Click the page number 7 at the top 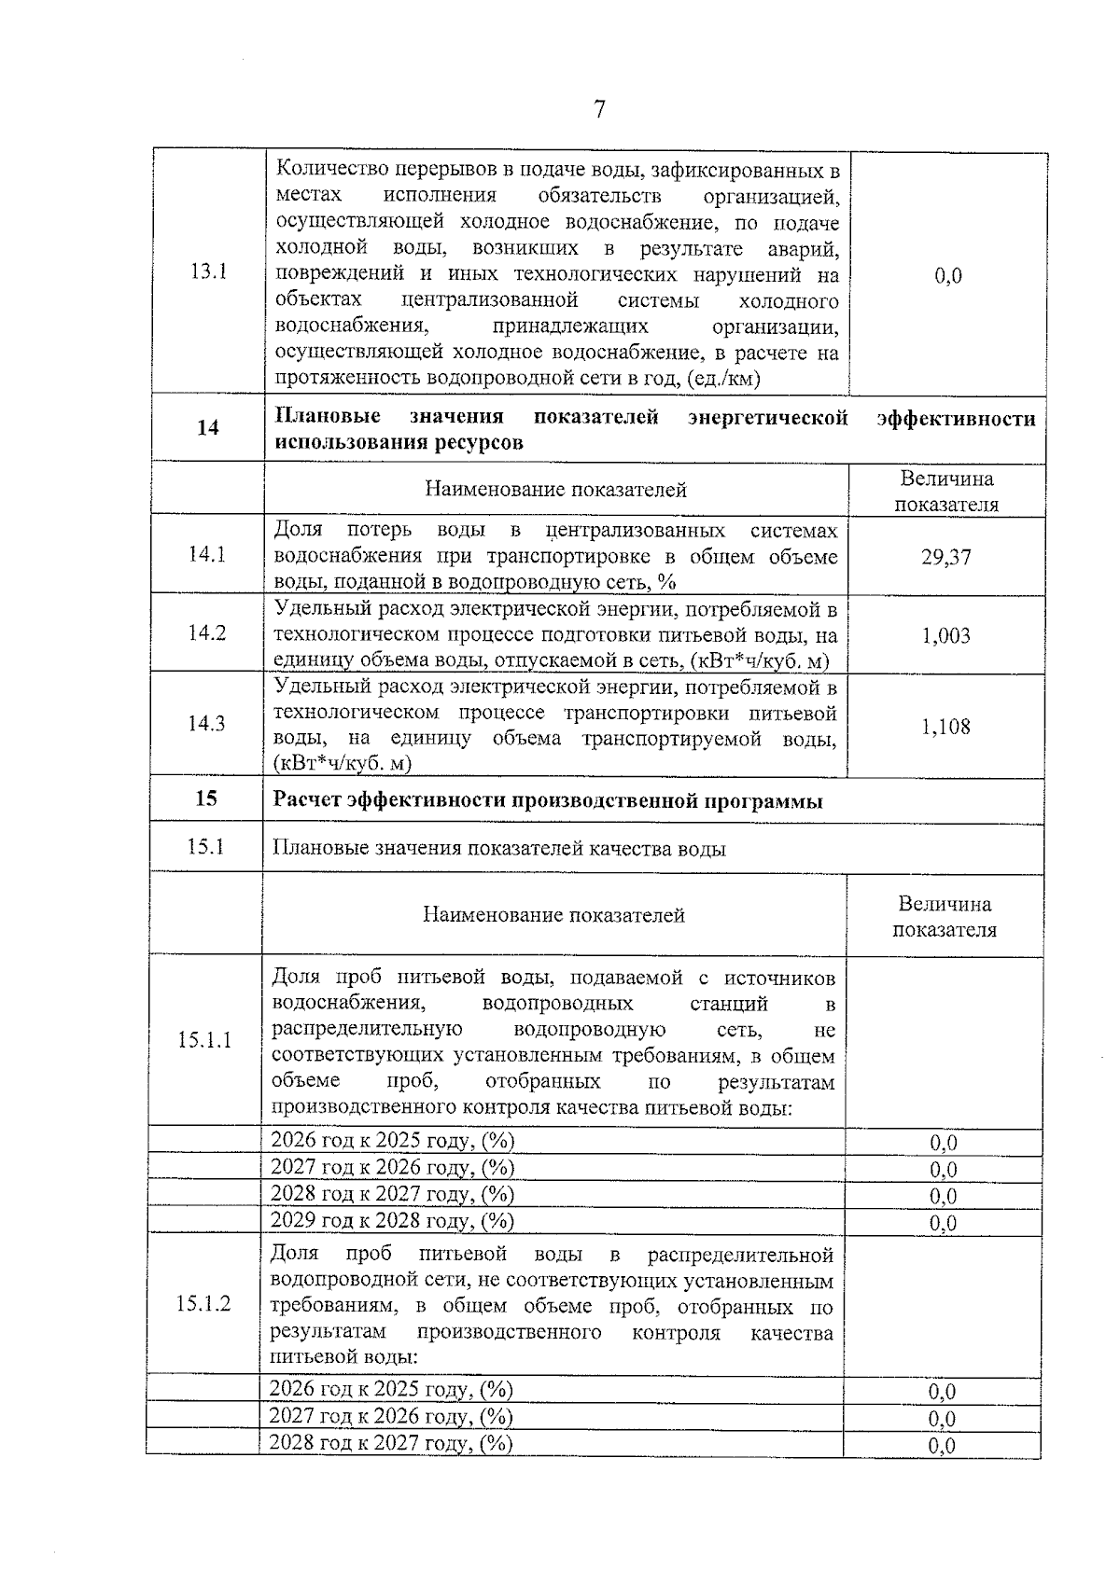coord(599,111)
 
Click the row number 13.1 coord(208,272)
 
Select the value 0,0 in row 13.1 coord(947,275)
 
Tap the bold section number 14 coord(208,428)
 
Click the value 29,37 coord(946,557)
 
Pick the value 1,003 coord(945,636)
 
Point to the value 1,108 coord(945,726)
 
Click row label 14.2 coord(206,633)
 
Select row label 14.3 coord(206,724)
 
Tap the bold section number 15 coord(206,798)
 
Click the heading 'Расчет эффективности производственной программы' coord(548,800)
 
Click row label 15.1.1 coord(204,1040)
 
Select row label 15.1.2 coord(203,1304)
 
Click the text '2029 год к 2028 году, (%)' coord(392,1220)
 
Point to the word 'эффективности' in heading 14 coord(956,418)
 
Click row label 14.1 coord(206,554)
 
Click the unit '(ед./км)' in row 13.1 coord(722,379)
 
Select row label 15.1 coord(205,847)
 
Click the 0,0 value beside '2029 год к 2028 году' coord(944,1223)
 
